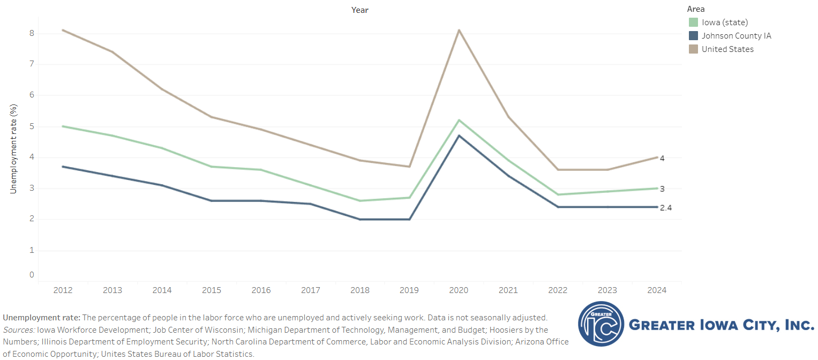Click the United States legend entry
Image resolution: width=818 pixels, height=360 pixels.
(x=727, y=49)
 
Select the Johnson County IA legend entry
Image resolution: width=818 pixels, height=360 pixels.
(x=736, y=36)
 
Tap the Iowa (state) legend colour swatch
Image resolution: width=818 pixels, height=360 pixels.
(x=693, y=22)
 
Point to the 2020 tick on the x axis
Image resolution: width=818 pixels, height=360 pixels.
(x=459, y=290)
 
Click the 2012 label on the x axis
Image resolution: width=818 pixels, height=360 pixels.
(x=63, y=290)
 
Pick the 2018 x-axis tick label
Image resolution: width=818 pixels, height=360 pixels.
(x=360, y=290)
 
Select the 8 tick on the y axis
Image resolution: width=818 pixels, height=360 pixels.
(x=32, y=33)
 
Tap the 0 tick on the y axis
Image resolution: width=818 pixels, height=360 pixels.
(x=32, y=275)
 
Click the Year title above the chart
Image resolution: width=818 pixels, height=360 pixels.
(x=360, y=10)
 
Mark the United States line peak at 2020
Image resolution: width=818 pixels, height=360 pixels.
(x=459, y=30)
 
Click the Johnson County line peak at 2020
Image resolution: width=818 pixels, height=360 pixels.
(x=459, y=136)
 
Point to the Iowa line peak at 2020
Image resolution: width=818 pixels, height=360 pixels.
(x=459, y=120)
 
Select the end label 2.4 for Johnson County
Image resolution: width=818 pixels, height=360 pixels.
(x=665, y=208)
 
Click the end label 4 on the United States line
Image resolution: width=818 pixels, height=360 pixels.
(x=662, y=159)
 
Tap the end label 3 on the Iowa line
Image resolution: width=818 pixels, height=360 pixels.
(x=662, y=189)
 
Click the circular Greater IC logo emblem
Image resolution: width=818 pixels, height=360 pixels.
(x=601, y=324)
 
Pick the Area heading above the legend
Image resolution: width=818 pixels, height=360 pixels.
(x=696, y=9)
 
